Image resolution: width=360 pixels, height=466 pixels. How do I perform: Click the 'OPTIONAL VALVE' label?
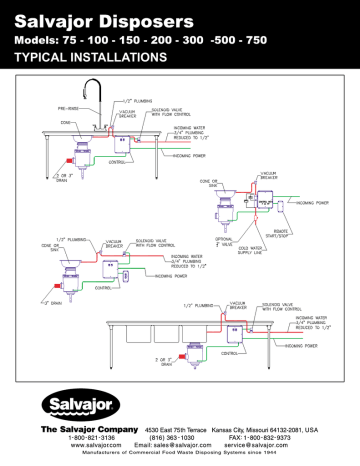click(223, 242)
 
